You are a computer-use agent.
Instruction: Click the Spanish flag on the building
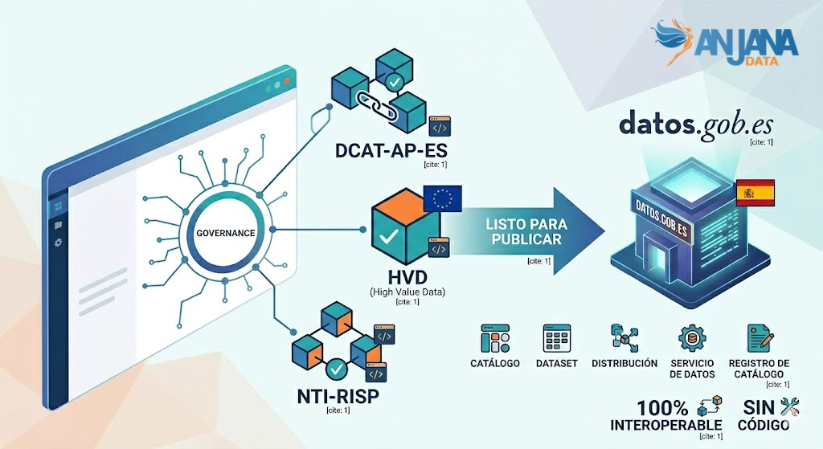click(x=755, y=193)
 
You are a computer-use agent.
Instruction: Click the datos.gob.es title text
click(x=694, y=124)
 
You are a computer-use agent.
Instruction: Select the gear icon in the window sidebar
click(x=59, y=242)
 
